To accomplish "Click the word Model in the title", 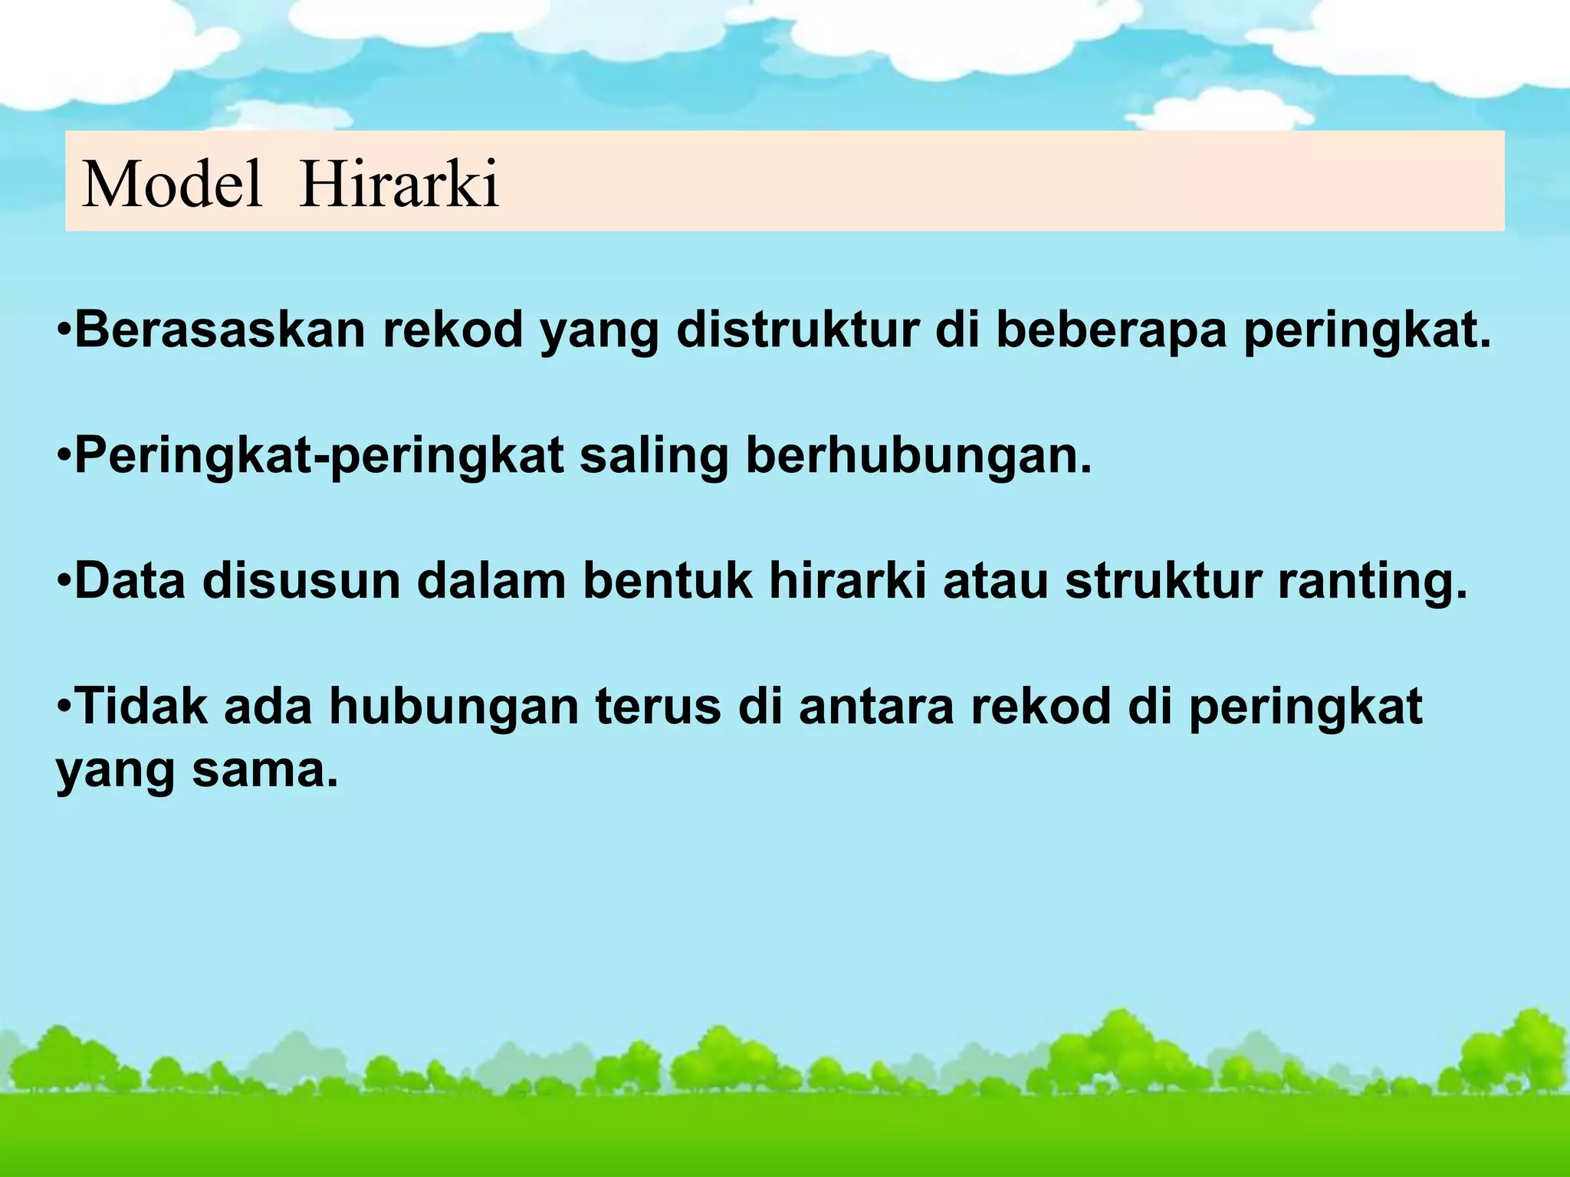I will [x=172, y=184].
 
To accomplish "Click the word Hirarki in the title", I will [x=399, y=184].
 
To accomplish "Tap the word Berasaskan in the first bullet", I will [x=219, y=329].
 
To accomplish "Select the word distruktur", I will [x=797, y=329].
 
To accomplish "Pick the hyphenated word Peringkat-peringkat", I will [x=319, y=457].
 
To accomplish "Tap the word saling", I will [x=653, y=457].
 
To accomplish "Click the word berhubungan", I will [x=918, y=455].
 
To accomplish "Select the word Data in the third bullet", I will [x=130, y=580].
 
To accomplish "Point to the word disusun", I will [x=301, y=580].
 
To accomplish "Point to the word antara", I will [x=876, y=707].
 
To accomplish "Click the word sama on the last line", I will [x=264, y=770].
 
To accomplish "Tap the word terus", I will [x=658, y=707].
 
